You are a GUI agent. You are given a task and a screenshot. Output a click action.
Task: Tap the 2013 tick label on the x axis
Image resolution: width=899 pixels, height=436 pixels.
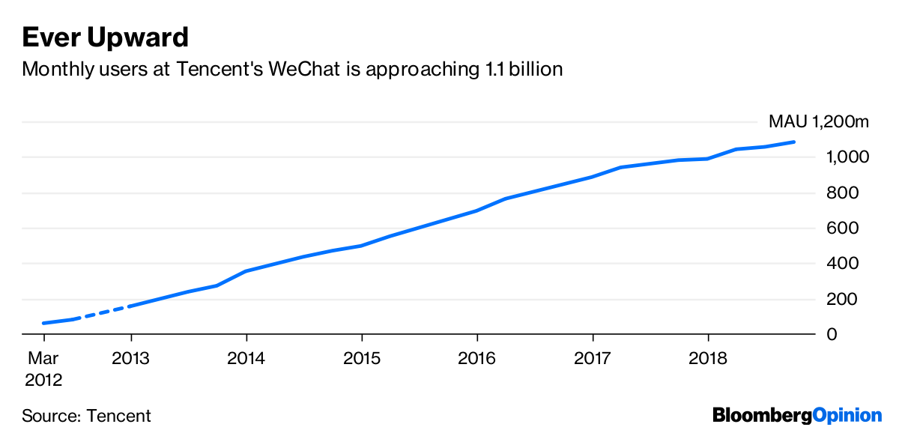coord(130,358)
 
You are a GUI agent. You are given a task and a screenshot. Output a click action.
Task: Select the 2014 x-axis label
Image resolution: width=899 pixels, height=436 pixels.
coord(246,358)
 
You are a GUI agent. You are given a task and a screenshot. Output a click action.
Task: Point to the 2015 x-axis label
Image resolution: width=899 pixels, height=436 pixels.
coord(362,358)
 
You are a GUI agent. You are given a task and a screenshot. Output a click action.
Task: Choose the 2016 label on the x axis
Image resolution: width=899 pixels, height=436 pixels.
coord(477,358)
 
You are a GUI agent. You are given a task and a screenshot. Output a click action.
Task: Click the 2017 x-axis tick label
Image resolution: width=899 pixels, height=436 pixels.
coord(593,358)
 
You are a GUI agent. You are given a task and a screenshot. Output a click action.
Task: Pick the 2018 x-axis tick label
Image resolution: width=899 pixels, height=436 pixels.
coord(708,358)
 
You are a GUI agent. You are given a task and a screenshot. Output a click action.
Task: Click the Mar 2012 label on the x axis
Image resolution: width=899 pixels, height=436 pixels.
coord(43,369)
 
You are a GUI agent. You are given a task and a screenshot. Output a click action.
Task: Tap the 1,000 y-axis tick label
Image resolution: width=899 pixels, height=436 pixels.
coord(848,157)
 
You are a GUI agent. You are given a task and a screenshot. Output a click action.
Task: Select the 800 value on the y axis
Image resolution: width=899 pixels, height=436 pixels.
coord(843,193)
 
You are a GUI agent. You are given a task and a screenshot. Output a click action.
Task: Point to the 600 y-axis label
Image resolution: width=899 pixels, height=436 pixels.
coord(843,228)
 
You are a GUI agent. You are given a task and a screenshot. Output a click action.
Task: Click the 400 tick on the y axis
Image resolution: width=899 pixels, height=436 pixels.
coord(843,264)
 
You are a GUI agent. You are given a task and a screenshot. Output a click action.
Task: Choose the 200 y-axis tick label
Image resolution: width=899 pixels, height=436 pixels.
coord(843,299)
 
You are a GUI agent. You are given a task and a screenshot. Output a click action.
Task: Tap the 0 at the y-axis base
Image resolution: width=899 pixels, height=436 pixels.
coord(832,334)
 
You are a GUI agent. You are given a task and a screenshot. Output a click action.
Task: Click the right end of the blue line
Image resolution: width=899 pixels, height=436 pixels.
coord(793,142)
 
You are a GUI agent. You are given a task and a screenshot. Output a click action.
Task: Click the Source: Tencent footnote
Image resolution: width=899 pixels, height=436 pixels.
coord(86,416)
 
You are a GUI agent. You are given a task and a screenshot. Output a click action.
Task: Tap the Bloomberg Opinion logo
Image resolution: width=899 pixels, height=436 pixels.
coord(797,415)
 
